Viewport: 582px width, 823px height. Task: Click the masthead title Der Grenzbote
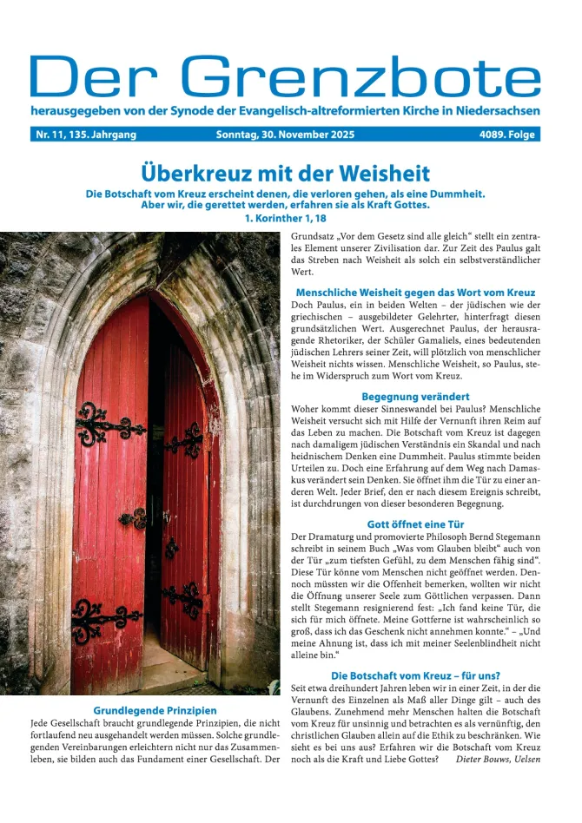[x=285, y=76]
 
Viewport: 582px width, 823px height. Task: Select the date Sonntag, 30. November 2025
[x=285, y=135]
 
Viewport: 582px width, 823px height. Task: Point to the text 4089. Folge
[x=508, y=135]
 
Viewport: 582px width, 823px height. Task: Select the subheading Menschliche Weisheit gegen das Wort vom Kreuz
[x=415, y=293]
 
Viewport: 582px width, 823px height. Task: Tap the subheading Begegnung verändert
[x=415, y=397]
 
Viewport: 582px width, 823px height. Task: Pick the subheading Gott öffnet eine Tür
[x=415, y=524]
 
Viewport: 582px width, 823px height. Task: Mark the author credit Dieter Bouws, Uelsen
[x=498, y=759]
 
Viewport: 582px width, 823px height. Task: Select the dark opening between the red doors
[x=155, y=486]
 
